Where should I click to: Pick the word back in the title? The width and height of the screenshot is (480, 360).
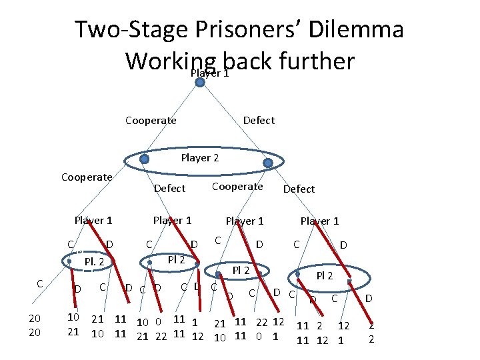[247, 61]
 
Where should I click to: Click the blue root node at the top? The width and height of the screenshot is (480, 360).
[199, 82]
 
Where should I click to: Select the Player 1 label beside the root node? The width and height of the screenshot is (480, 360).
[210, 73]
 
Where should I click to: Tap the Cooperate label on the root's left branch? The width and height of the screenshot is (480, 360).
[151, 121]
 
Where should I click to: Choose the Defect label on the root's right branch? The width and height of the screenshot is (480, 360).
[259, 121]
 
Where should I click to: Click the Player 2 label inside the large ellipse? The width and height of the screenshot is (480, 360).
[200, 158]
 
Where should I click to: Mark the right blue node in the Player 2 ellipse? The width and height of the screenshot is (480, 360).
[268, 163]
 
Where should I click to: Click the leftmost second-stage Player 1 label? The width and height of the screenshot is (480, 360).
[93, 220]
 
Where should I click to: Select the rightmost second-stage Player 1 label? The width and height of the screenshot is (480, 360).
[319, 221]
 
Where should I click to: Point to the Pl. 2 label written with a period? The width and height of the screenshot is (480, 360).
[94, 262]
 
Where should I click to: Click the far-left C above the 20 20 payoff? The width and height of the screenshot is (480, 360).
[40, 283]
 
